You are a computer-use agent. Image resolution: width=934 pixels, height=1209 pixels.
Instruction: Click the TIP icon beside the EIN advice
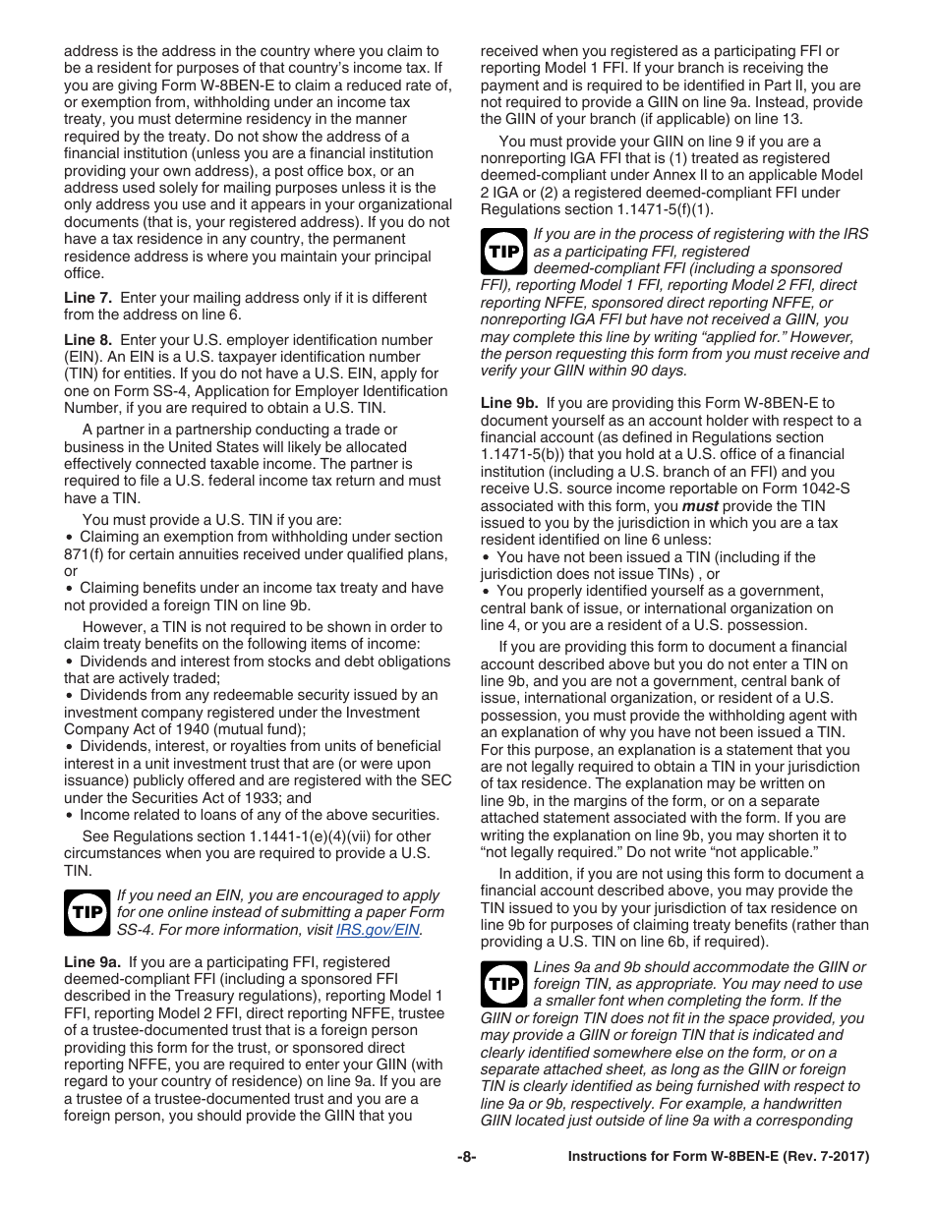(x=87, y=912)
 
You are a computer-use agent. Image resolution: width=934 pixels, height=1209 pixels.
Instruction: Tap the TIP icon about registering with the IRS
(x=503, y=251)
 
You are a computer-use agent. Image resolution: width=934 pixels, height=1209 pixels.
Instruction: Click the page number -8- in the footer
(x=466, y=1157)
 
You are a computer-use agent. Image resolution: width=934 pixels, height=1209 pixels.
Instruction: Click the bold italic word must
(x=700, y=506)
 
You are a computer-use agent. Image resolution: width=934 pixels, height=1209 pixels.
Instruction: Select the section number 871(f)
(x=87, y=554)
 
